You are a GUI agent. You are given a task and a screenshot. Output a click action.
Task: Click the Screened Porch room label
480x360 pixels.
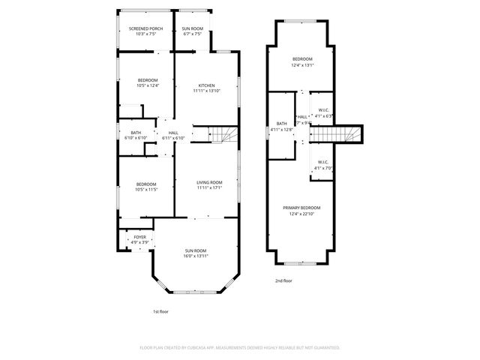[145, 28]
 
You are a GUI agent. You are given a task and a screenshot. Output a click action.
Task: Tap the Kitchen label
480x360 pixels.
[207, 85]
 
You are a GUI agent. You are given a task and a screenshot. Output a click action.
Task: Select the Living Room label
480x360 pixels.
[210, 182]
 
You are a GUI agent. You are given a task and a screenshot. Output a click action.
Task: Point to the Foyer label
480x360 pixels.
[140, 237]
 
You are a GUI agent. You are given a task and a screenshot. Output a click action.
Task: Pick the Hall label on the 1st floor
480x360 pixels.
[173, 133]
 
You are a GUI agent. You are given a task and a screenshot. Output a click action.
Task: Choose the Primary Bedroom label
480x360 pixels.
[301, 208]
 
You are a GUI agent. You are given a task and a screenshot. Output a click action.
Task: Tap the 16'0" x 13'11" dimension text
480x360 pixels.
[195, 256]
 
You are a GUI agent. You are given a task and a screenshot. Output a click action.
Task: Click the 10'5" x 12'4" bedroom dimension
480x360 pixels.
[148, 85]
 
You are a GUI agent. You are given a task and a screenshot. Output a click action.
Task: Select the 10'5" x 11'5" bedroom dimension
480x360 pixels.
[146, 189]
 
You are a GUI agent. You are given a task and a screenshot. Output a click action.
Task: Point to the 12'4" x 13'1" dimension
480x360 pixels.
[302, 64]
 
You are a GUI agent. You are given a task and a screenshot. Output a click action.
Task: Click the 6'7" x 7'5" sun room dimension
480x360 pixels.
[192, 34]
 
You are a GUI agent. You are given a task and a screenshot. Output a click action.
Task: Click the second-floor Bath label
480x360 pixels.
[282, 124]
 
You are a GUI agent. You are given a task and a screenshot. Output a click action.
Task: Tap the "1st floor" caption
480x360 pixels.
[160, 310]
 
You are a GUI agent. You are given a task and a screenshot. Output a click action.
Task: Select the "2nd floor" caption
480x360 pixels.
[283, 280]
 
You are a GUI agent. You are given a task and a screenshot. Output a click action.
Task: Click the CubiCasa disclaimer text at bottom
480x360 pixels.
[240, 347]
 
